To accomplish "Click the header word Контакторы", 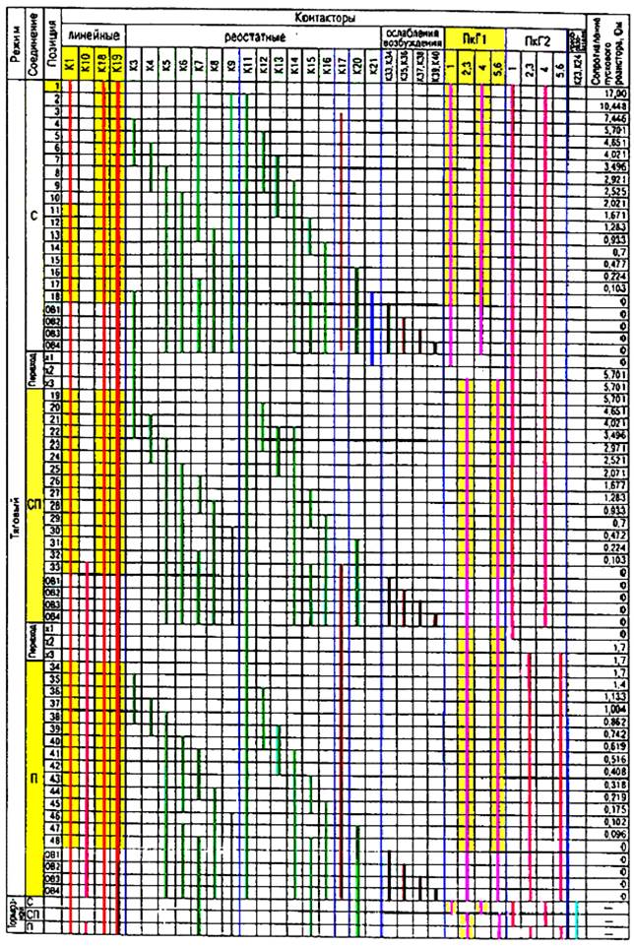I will [x=325, y=18].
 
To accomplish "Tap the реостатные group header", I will [x=254, y=36].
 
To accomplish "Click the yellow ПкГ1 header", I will [x=473, y=36].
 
